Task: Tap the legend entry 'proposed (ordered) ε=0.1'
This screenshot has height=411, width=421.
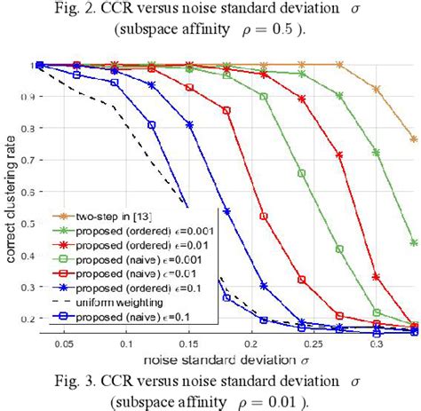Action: (110, 287)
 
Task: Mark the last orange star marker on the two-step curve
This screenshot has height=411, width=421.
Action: (414, 139)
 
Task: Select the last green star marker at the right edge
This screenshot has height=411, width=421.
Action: (414, 242)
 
